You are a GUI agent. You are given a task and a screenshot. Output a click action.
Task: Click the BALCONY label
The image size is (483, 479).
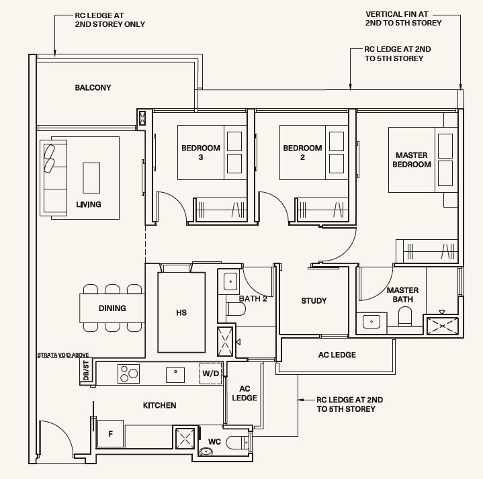tap(93, 88)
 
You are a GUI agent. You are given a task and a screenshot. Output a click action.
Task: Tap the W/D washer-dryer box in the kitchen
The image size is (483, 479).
tap(211, 374)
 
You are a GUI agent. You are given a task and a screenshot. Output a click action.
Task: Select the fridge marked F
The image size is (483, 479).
tap(110, 434)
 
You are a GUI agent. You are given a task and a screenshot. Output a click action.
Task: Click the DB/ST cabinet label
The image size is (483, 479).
tap(86, 371)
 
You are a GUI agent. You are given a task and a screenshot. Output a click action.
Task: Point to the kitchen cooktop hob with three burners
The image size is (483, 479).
tap(128, 374)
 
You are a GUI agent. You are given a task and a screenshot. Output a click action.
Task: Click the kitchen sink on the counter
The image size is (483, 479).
tap(175, 375)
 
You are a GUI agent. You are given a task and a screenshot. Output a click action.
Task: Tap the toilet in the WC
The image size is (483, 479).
tap(237, 443)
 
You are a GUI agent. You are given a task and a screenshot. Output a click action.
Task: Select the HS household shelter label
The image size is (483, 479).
tap(181, 312)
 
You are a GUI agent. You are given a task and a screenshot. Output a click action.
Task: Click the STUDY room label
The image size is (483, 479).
tap(314, 301)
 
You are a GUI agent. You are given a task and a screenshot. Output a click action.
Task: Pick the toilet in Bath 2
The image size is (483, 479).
tap(236, 309)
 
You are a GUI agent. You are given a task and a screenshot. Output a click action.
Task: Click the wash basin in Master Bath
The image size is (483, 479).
tap(371, 322)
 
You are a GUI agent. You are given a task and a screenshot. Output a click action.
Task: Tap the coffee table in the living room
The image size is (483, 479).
tap(91, 178)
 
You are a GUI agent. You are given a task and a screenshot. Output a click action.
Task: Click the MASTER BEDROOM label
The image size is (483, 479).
tap(412, 160)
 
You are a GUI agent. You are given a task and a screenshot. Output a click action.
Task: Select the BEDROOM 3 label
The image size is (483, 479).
tap(201, 153)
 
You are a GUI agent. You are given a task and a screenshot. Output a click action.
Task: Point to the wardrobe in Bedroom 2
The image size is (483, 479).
tap(322, 210)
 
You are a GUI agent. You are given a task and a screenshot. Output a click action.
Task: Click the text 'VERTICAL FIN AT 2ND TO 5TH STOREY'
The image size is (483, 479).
tap(404, 19)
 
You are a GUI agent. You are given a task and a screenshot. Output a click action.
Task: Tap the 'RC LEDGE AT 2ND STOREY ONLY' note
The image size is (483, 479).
tap(110, 19)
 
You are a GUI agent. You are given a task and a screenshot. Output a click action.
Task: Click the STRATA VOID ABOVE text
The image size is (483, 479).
tap(63, 355)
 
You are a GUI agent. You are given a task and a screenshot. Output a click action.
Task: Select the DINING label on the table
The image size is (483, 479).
tap(112, 308)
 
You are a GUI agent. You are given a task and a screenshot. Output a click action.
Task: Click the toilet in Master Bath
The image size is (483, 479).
tap(405, 317)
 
